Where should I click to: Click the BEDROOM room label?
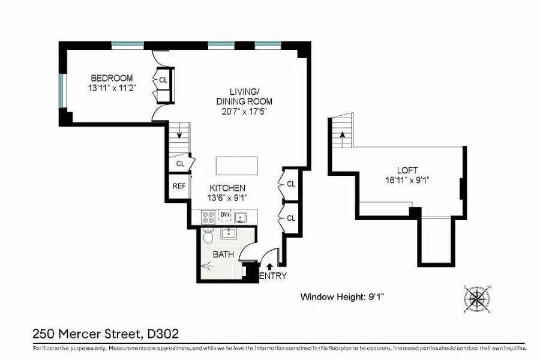pyautogui.click(x=112, y=78)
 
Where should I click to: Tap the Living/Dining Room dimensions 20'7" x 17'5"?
pyautogui.click(x=244, y=111)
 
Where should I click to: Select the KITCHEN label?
pyautogui.click(x=227, y=188)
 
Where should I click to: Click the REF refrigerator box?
pyautogui.click(x=179, y=186)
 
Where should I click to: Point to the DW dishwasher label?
pyautogui.click(x=225, y=214)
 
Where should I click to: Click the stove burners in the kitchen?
pyautogui.click(x=208, y=217)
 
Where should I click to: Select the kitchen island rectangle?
pyautogui.click(x=237, y=165)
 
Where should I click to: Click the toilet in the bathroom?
pyautogui.click(x=208, y=236)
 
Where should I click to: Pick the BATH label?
pyautogui.click(x=223, y=254)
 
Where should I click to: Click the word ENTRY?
pyautogui.click(x=273, y=276)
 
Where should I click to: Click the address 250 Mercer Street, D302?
pyautogui.click(x=106, y=333)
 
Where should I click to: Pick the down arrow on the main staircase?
pyautogui.click(x=179, y=135)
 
